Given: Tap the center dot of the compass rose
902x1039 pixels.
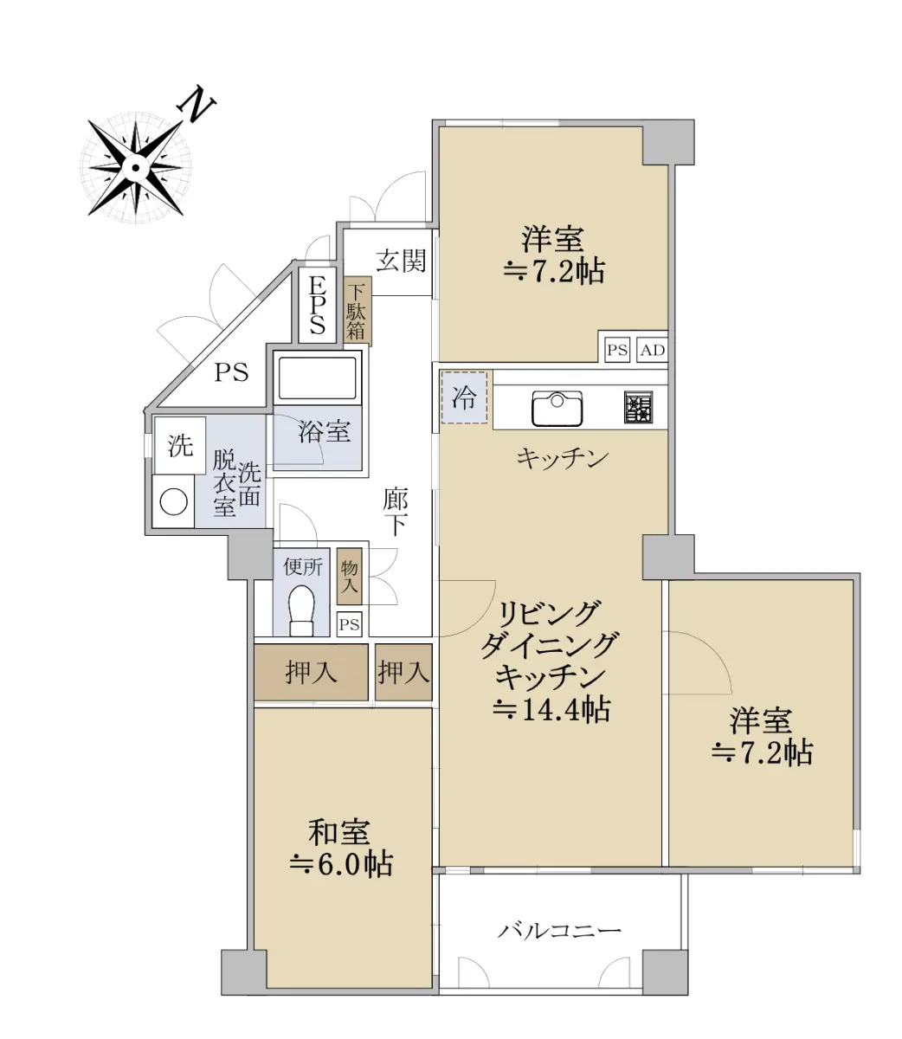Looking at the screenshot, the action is [135, 168].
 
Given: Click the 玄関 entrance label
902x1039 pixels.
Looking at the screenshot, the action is [401, 261].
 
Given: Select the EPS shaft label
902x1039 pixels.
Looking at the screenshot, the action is [317, 306].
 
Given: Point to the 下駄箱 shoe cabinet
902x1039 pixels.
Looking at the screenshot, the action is [358, 312].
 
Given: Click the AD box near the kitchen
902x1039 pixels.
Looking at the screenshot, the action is [653, 350].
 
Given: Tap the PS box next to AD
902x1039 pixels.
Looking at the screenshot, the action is [617, 350].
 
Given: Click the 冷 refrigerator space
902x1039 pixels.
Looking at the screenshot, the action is [464, 397].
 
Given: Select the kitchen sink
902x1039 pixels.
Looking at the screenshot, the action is [557, 408].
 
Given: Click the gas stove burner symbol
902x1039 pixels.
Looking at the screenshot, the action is [639, 407].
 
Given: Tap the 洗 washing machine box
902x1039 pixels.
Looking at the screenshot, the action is [180, 446].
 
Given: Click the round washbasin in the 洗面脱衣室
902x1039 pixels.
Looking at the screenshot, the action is [174, 501].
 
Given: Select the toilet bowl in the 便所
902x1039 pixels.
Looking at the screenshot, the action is [301, 611].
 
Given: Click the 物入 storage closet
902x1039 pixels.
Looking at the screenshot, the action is [350, 577].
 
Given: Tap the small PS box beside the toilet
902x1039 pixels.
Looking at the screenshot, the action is [349, 624].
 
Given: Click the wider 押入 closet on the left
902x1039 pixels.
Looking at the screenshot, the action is [311, 673].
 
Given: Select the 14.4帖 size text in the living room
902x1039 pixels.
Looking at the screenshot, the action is [551, 709].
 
